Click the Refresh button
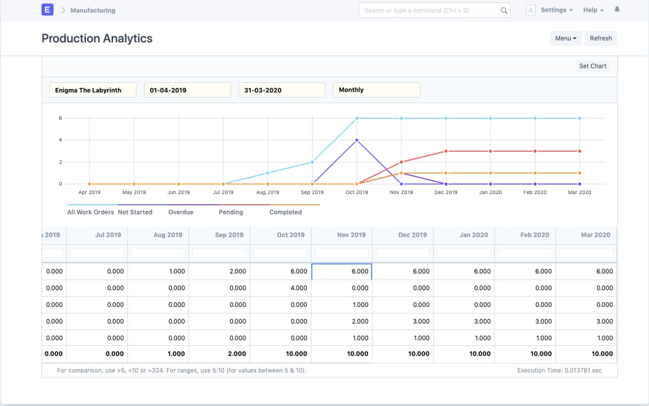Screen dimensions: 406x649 pyautogui.click(x=601, y=38)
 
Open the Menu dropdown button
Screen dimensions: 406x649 pyautogui.click(x=566, y=38)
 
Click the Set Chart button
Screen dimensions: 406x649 pyautogui.click(x=592, y=66)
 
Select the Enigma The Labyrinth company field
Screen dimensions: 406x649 pyautogui.click(x=93, y=90)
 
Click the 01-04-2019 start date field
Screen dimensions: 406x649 pyautogui.click(x=187, y=90)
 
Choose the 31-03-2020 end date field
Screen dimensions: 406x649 pyautogui.click(x=282, y=90)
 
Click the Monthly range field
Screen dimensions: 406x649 pyautogui.click(x=376, y=90)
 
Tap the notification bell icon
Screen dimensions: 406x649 pyautogui.click(x=617, y=10)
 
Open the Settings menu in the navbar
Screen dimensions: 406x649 pyautogui.click(x=556, y=10)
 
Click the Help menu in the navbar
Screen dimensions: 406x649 pyautogui.click(x=593, y=10)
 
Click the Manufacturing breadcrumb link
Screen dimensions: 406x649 pyautogui.click(x=93, y=10)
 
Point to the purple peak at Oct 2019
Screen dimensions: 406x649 pyautogui.click(x=357, y=140)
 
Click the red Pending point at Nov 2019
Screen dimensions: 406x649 pyautogui.click(x=401, y=162)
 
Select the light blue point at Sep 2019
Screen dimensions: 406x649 pyautogui.click(x=312, y=162)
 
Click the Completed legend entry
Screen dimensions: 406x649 pyautogui.click(x=286, y=212)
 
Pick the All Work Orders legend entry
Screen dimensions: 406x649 pyautogui.click(x=91, y=212)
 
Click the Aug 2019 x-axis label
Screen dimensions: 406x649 pyautogui.click(x=268, y=192)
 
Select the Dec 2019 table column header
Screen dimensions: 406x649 pyautogui.click(x=412, y=235)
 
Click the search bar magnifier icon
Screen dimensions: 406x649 pyautogui.click(x=504, y=10)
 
